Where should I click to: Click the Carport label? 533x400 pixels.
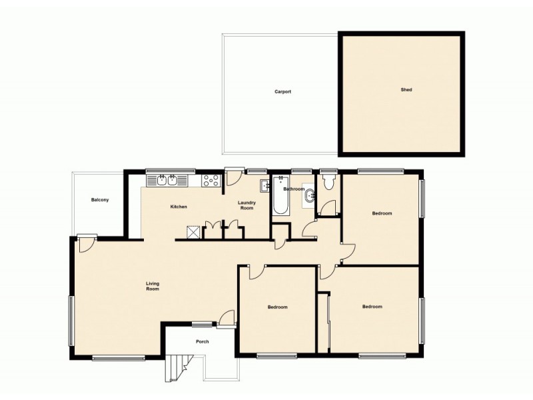point(282,92)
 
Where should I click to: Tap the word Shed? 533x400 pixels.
point(406,89)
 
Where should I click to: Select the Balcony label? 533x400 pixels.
point(101,200)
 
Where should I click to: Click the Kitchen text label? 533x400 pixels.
point(179,207)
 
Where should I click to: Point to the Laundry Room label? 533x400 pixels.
point(247,205)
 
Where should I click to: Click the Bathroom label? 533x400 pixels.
point(293,189)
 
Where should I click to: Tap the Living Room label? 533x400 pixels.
point(153,287)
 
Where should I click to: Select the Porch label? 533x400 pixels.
point(203,342)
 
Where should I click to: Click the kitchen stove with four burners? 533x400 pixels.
point(211,180)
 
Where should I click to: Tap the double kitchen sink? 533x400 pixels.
point(167,179)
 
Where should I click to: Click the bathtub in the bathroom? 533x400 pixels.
point(280,195)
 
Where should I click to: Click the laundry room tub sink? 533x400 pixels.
point(263,185)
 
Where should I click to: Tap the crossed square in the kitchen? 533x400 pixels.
point(193,231)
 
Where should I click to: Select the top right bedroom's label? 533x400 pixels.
point(382,213)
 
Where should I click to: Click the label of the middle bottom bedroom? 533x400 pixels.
point(277,307)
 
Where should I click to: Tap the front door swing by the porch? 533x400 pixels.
point(227,318)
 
